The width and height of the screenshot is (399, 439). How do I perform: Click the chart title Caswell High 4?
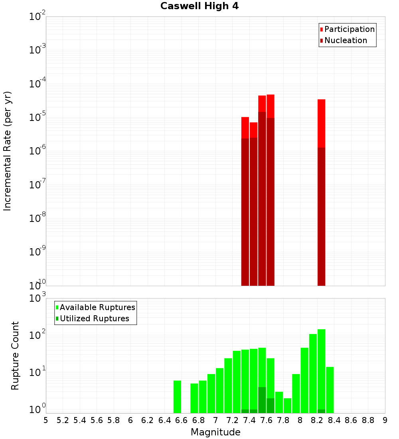tap(199, 6)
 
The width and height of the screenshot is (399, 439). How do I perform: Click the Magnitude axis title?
tap(215, 432)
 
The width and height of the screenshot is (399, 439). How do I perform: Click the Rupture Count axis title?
tap(15, 356)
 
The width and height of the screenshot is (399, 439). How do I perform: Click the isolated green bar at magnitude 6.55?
tap(177, 397)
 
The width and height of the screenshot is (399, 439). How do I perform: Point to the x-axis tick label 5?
tap(46, 420)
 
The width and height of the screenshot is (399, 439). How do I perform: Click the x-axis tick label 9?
tap(385, 420)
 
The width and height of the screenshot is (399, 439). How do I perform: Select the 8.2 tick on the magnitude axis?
tap(317, 420)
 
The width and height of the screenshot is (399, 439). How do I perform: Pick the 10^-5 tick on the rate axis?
tap(38, 117)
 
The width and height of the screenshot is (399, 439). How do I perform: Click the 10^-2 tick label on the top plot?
tap(38, 17)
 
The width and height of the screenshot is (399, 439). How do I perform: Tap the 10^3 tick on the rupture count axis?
tap(38, 298)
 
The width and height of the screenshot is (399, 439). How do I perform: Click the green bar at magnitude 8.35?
tap(330, 390)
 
